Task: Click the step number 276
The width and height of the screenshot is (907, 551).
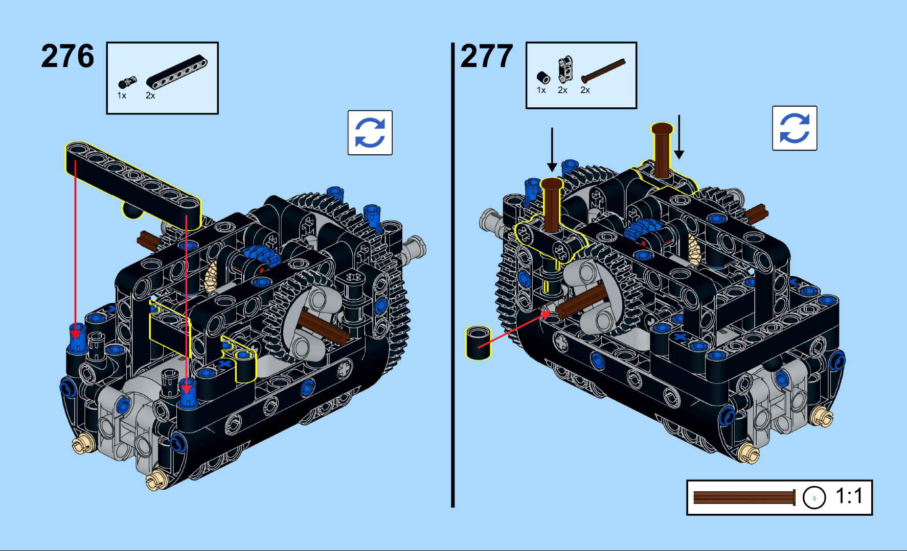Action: pos(67,56)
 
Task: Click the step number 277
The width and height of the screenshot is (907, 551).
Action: pos(486,56)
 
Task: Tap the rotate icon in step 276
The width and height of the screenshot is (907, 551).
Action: pos(370,133)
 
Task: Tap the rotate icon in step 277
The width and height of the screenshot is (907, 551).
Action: pos(795,128)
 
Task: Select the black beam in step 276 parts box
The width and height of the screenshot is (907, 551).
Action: pos(177,71)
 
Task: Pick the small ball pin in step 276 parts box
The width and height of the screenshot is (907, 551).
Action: pos(127,82)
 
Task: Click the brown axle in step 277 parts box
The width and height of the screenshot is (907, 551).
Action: pos(603,70)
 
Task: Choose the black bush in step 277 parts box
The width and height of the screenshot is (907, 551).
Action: pos(543,78)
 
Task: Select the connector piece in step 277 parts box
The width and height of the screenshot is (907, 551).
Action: pos(565,69)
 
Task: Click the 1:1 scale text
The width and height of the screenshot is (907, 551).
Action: pos(849,496)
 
